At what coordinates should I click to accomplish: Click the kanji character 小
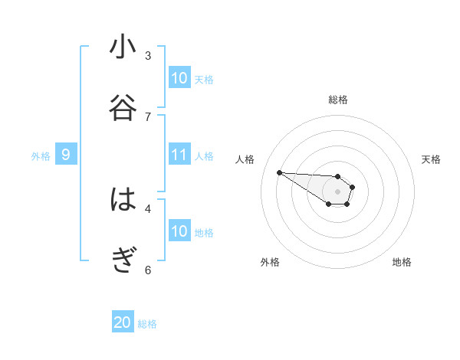point(123,47)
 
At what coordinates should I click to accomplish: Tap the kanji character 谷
point(123,107)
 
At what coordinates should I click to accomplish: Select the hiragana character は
point(123,200)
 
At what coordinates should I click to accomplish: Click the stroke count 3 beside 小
point(148,56)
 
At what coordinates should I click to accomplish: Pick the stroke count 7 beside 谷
point(148,116)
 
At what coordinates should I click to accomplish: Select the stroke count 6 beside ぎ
point(148,270)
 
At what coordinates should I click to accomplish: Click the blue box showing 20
point(123,322)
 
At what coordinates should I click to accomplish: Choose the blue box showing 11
point(179,155)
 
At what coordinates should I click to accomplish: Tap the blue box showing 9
point(66,155)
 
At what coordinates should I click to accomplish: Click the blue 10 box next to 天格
point(179,78)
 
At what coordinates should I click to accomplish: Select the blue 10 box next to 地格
point(179,231)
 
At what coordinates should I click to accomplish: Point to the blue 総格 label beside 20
point(147,324)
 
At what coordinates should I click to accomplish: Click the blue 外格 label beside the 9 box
point(41,156)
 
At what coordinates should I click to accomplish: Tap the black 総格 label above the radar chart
point(338,100)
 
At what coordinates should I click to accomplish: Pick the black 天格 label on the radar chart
point(432,159)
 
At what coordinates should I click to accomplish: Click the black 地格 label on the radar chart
point(402,262)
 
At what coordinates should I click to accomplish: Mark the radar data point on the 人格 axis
point(279,172)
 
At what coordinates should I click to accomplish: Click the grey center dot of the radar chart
point(338,191)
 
